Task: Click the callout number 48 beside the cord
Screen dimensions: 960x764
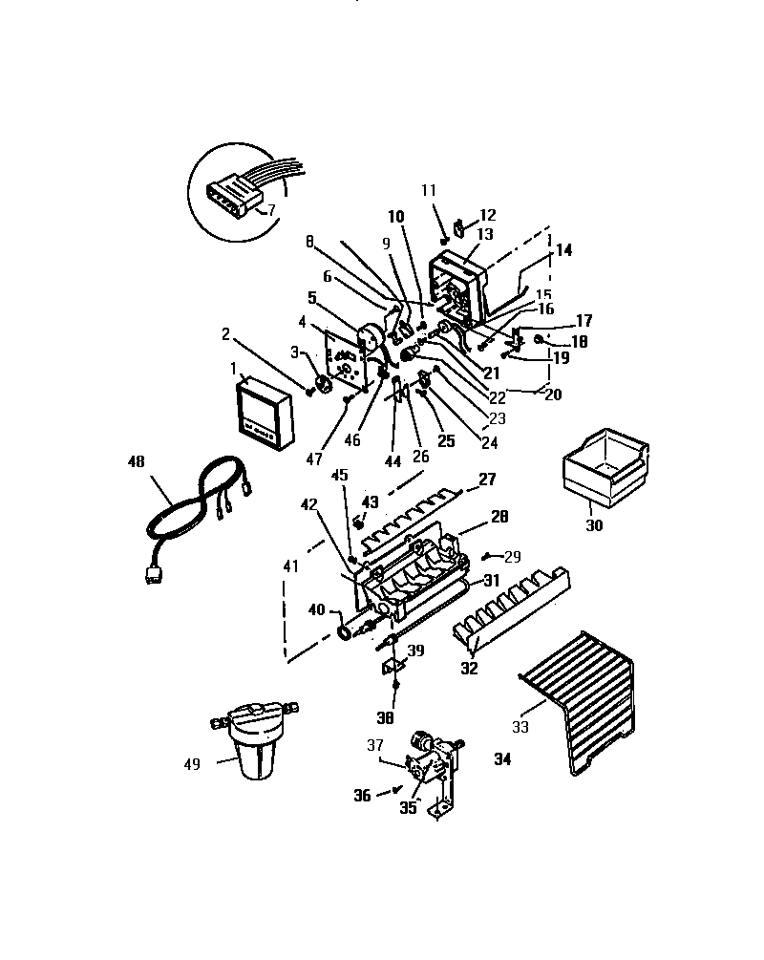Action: (136, 461)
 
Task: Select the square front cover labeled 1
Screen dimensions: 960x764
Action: (261, 413)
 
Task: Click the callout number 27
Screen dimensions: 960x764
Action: (487, 479)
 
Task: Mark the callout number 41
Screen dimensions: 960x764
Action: (290, 565)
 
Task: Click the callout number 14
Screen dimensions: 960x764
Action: (563, 250)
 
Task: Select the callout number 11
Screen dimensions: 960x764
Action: (428, 190)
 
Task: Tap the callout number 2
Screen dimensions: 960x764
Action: (226, 334)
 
